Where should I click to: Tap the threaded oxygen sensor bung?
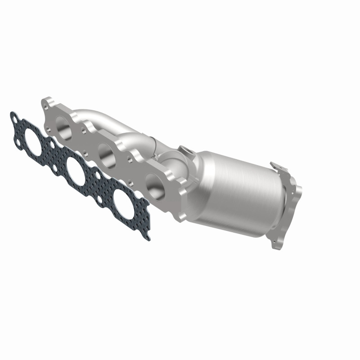point(184,150)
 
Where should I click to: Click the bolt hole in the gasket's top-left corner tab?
point(15,120)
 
